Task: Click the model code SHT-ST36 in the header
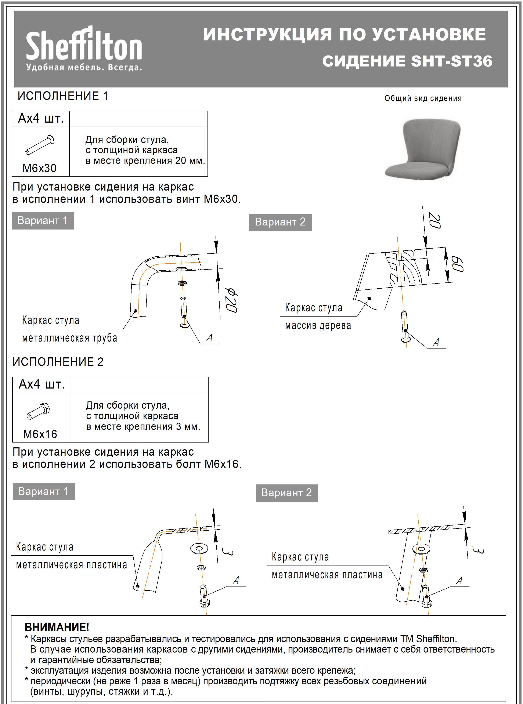(x=451, y=61)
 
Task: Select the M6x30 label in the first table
(x=40, y=168)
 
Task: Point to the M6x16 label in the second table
(x=40, y=434)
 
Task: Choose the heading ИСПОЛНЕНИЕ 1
(x=63, y=96)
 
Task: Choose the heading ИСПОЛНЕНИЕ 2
(x=58, y=361)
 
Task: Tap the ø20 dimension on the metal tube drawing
(x=231, y=300)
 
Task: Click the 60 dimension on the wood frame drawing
(x=457, y=265)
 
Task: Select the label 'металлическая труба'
(x=70, y=338)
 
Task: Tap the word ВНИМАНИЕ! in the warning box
(x=57, y=627)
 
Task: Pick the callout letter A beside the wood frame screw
(x=436, y=342)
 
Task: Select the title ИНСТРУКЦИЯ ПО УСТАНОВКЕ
(x=345, y=35)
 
